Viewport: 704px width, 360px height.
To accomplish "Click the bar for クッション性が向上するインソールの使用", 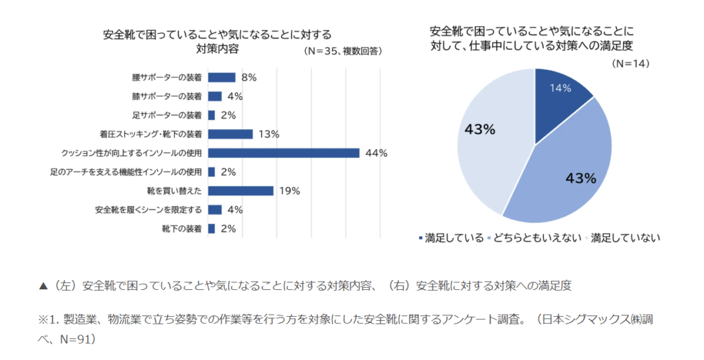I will coord(283,153).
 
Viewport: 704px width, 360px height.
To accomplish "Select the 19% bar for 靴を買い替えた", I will coord(241,190).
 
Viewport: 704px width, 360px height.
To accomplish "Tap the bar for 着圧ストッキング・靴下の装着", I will coord(230,134).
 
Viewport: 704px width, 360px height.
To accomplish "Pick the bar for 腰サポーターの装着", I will coord(221,78).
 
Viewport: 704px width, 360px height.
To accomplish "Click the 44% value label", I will coord(376,153).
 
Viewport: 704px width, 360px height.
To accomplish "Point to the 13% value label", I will coord(269,134).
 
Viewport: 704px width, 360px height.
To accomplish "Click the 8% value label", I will coord(249,78).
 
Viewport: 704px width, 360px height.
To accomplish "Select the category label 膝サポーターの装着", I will coord(167,96).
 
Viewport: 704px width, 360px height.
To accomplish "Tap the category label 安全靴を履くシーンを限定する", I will coord(148,210).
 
